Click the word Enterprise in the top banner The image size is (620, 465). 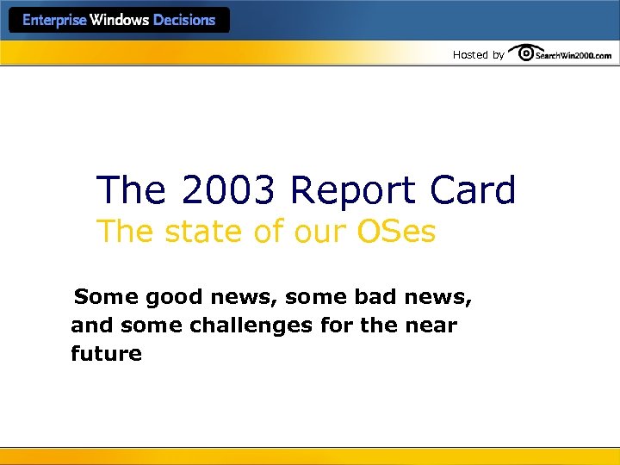pos(54,20)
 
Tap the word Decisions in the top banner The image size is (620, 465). pos(184,20)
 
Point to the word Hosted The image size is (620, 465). pos(470,55)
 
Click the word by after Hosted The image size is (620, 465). pos(499,55)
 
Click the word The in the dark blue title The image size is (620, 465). pos(130,190)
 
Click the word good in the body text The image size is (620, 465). pos(176,298)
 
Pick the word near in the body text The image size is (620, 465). pos(433,325)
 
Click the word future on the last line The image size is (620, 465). pos(106,353)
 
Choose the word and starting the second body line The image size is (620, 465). pos(90,325)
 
